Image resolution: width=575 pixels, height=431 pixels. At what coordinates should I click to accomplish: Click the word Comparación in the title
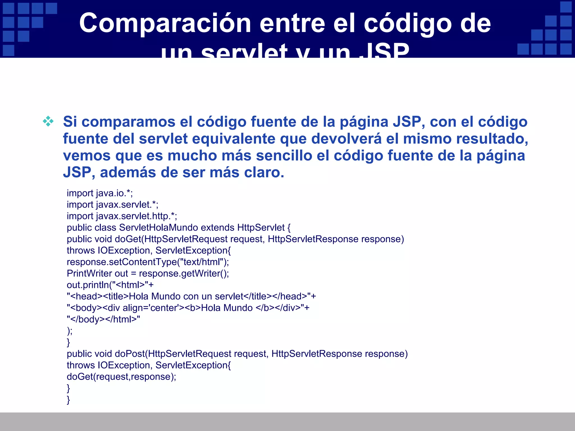click(x=165, y=24)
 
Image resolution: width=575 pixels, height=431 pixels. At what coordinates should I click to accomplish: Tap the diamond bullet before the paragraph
click(x=48, y=121)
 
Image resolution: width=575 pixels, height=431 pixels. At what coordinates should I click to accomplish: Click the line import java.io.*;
click(x=100, y=193)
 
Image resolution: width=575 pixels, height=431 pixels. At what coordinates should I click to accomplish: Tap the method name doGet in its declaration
click(x=128, y=239)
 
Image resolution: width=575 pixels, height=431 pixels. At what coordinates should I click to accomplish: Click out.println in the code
click(x=88, y=285)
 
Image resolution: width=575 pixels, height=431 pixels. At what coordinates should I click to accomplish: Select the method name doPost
click(x=130, y=354)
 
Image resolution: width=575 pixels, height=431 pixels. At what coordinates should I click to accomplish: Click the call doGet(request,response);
click(x=121, y=377)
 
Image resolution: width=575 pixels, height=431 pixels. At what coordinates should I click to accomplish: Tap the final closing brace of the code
click(x=68, y=400)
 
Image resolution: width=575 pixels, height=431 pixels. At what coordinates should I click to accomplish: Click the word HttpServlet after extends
click(x=261, y=228)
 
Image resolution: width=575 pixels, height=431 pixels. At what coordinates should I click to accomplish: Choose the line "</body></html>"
click(x=103, y=320)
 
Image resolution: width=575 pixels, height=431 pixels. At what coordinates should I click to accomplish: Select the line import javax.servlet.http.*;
click(x=122, y=216)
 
